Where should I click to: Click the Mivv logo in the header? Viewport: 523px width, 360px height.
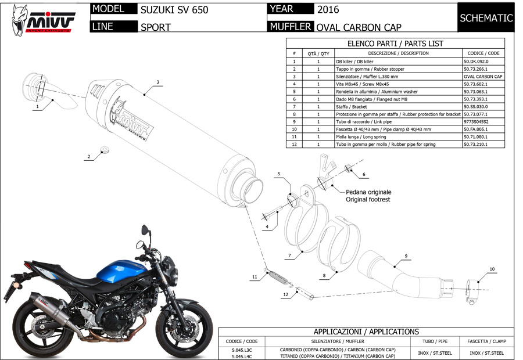tap(44, 19)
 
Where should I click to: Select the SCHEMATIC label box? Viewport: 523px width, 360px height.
tap(486, 18)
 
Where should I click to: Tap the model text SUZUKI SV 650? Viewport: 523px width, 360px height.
tap(174, 10)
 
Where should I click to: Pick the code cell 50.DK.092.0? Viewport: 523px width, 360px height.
tap(476, 61)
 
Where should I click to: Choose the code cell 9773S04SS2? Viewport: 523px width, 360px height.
tap(476, 121)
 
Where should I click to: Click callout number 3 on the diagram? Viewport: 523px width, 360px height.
tap(157, 82)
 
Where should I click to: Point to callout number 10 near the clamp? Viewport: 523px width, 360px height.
tap(492, 269)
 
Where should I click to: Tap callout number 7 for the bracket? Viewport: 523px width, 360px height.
tap(289, 255)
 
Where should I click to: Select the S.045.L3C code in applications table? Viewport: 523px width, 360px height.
tap(241, 350)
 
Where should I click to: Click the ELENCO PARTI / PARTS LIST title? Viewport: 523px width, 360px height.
tap(395, 43)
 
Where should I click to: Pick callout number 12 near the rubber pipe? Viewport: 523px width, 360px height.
tap(285, 295)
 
